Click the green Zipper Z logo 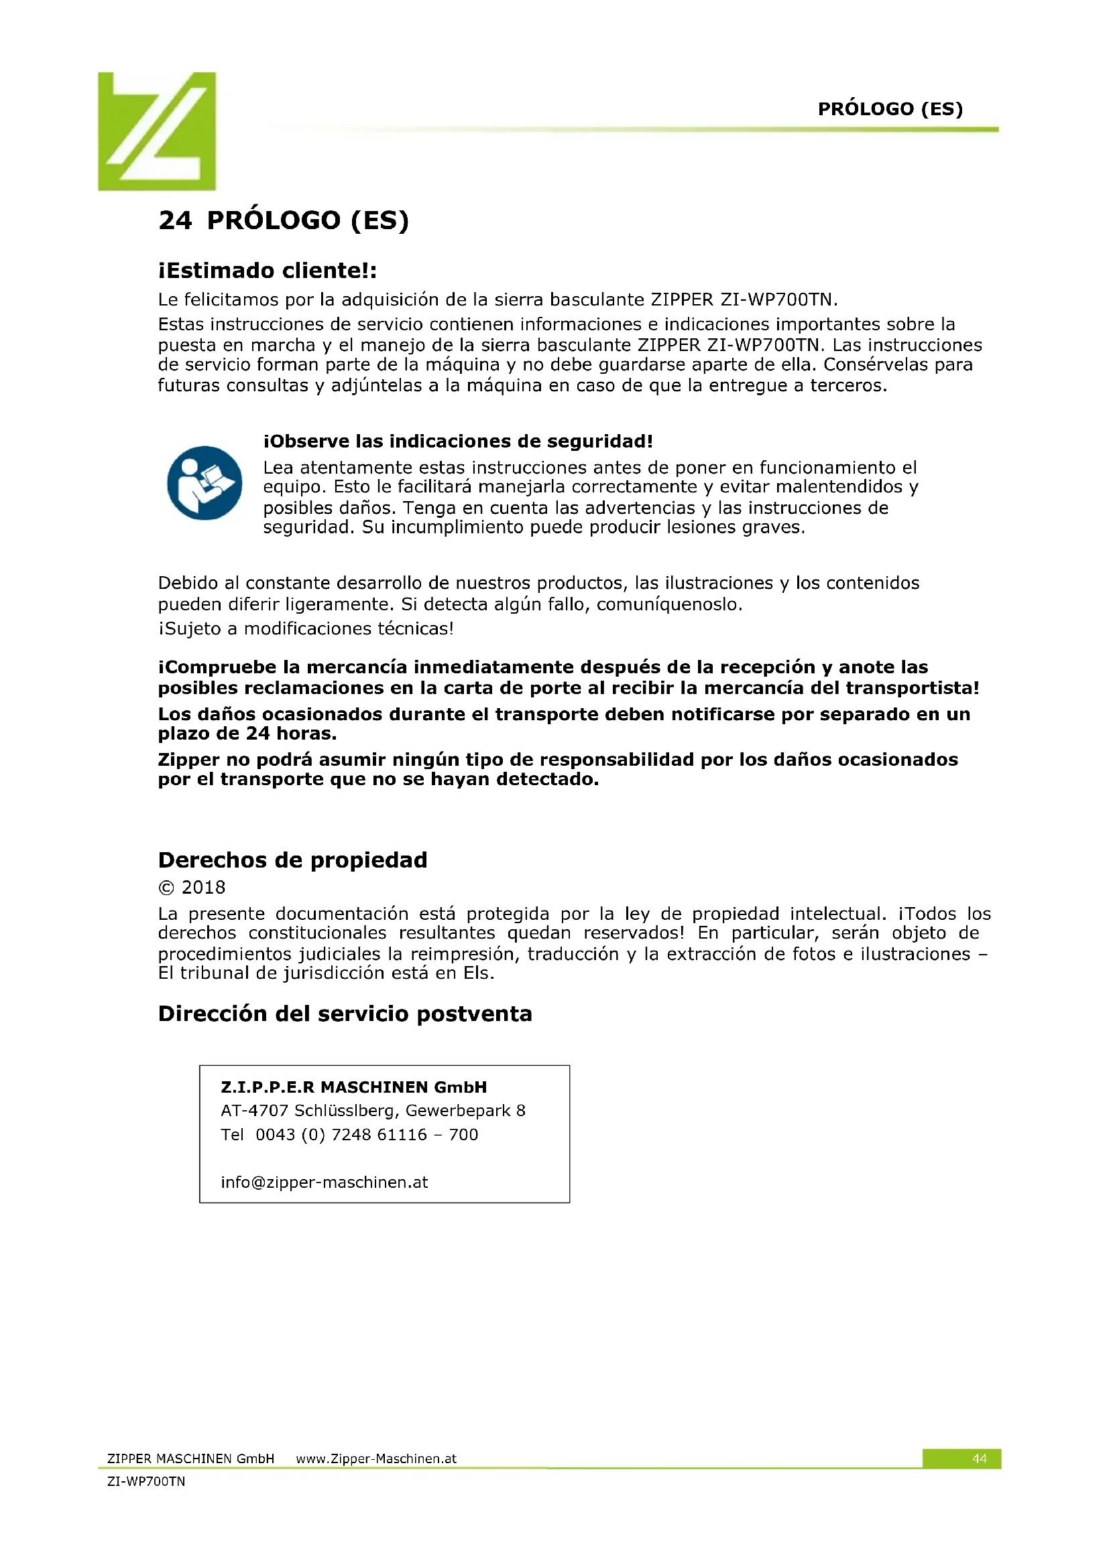click(157, 131)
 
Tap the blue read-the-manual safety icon click(205, 482)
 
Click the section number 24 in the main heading click(175, 220)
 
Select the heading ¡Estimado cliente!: click(267, 271)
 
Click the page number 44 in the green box click(978, 1458)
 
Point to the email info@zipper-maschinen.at click(324, 1182)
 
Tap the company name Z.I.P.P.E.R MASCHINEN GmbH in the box click(354, 1087)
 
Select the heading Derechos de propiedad click(292, 860)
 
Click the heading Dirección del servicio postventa click(345, 1014)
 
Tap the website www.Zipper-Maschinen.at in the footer click(375, 1458)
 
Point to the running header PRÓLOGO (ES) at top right click(890, 109)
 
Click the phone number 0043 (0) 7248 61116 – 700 click(367, 1134)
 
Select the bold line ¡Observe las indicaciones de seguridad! click(457, 441)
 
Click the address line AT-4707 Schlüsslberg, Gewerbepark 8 click(373, 1110)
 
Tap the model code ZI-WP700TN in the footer click(146, 1481)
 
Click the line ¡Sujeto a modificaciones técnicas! click(305, 628)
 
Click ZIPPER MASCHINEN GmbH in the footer click(190, 1458)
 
